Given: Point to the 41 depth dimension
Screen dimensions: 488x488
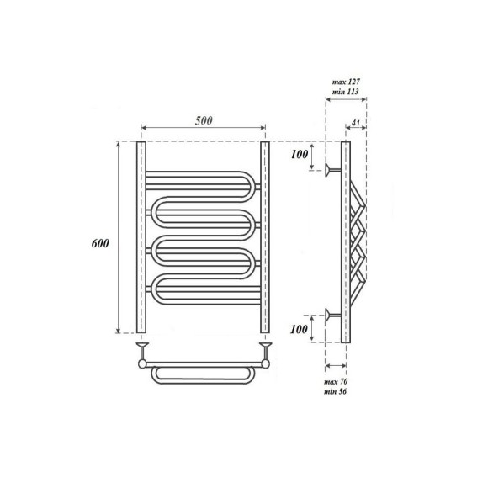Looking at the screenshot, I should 357,125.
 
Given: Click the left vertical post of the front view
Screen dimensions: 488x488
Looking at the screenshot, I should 141,237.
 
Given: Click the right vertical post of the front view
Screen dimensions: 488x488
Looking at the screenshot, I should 264,237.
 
